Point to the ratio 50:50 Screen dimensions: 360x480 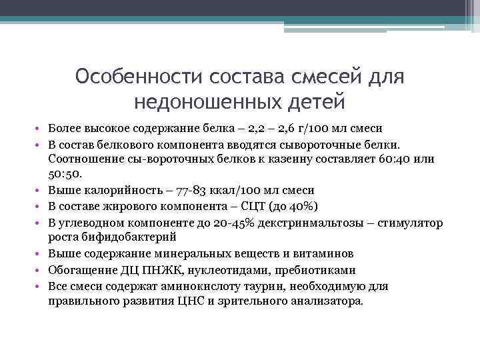tap(65, 173)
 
